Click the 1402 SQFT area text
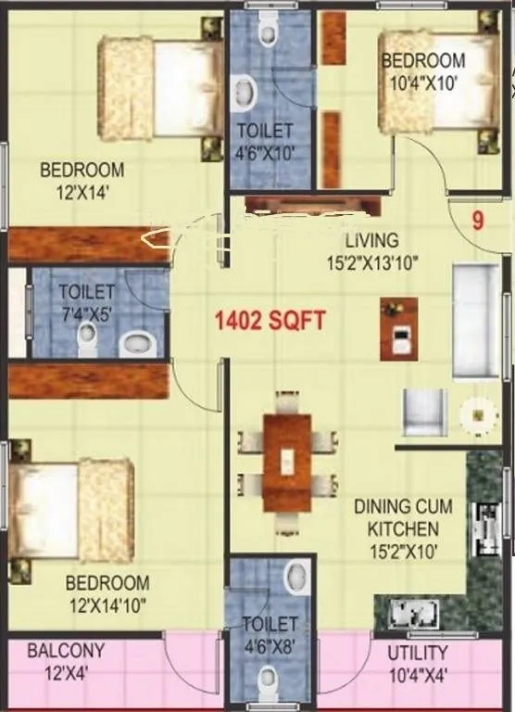point(270,321)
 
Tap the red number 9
point(477,222)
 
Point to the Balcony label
point(65,660)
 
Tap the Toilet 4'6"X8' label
point(270,634)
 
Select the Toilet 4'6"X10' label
point(264,142)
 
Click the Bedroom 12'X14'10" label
point(107,593)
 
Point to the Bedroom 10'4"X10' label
point(423,70)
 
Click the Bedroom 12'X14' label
point(82,180)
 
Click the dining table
point(287,461)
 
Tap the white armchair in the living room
point(423,412)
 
